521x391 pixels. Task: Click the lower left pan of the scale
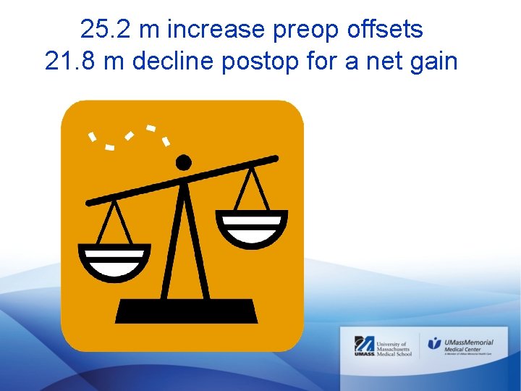point(114,261)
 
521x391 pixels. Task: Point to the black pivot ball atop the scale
point(184,162)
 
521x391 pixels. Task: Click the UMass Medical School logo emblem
point(363,346)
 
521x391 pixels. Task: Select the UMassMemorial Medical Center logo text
point(470,345)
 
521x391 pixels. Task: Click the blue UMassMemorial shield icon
point(433,343)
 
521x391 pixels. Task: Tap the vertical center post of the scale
point(185,239)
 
